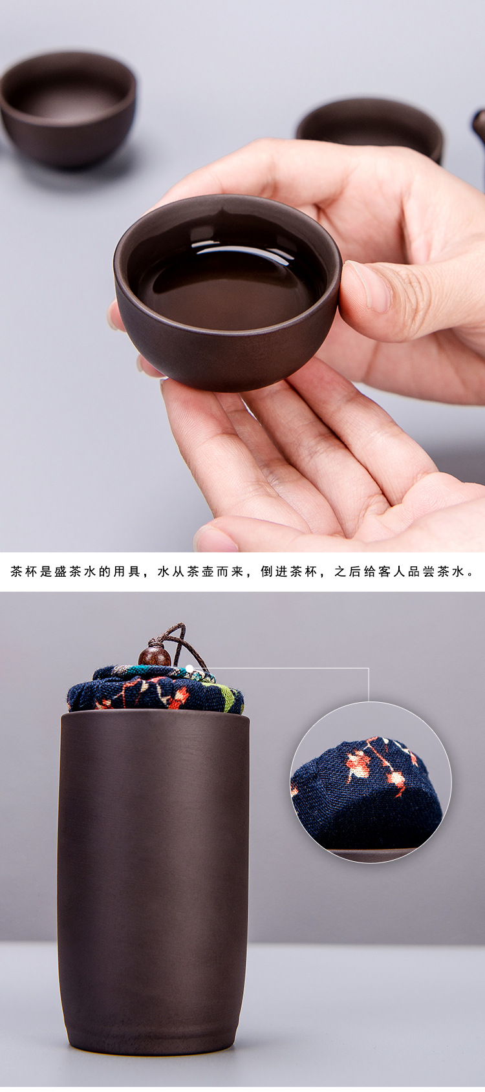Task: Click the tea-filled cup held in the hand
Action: (227, 292)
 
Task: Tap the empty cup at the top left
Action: (69, 110)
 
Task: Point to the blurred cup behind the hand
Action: (371, 127)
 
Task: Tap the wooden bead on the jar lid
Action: (155, 656)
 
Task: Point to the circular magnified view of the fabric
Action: (371, 783)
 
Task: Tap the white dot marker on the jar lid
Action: (189, 668)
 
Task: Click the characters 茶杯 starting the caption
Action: (24, 572)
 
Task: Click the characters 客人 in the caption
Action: (393, 572)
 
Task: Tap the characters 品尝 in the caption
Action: (422, 572)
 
